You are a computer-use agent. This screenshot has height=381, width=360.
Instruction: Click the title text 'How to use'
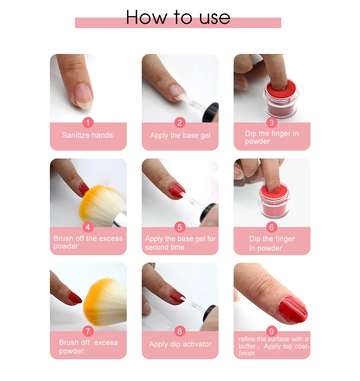click(x=178, y=17)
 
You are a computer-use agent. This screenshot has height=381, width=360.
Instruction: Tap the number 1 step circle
click(x=88, y=123)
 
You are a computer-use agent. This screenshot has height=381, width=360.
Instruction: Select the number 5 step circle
click(x=180, y=227)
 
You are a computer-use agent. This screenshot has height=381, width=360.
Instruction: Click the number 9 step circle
click(x=271, y=331)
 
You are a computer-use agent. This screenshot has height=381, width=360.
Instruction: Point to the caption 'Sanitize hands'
click(x=87, y=135)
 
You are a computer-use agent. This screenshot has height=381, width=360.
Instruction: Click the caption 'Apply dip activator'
click(x=180, y=344)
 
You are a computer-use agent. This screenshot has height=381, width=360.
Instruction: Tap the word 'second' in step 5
click(x=155, y=247)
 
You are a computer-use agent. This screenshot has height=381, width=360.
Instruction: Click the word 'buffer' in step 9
click(x=247, y=346)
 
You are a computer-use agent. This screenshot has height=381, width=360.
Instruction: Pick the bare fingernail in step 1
click(x=84, y=96)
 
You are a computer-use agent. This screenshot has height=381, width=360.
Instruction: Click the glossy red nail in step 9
click(x=293, y=310)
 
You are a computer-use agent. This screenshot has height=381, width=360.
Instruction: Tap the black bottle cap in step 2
click(x=211, y=112)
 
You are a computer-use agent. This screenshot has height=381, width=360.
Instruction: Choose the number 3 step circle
click(x=271, y=123)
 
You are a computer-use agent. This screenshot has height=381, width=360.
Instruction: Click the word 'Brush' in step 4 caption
click(x=63, y=238)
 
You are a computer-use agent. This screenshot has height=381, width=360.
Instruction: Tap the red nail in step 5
click(x=177, y=191)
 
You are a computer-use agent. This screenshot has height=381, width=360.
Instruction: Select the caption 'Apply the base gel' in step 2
click(x=180, y=135)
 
